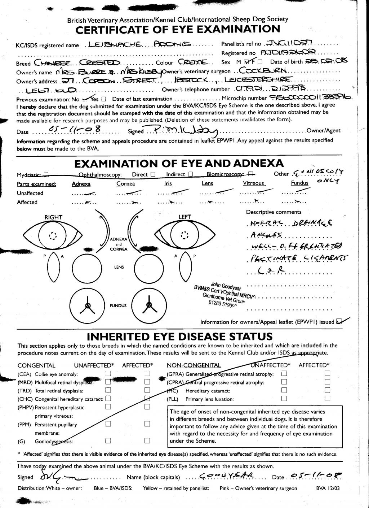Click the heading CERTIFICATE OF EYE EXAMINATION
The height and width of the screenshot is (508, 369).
(x=177, y=29)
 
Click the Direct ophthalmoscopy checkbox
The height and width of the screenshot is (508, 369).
(x=153, y=174)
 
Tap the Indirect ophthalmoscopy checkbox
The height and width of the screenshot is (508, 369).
(x=190, y=174)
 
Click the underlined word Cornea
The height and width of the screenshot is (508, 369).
(x=125, y=183)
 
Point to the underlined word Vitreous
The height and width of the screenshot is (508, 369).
(x=253, y=183)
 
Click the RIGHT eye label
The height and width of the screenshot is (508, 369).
(x=53, y=217)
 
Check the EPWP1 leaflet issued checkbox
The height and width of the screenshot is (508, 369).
(x=339, y=322)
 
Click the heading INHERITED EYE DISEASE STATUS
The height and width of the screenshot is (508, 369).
(x=179, y=337)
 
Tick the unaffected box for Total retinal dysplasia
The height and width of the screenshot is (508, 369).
(x=108, y=390)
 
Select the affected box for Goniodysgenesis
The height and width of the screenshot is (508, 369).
(x=147, y=441)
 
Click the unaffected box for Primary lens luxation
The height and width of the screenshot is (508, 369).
(x=284, y=399)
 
